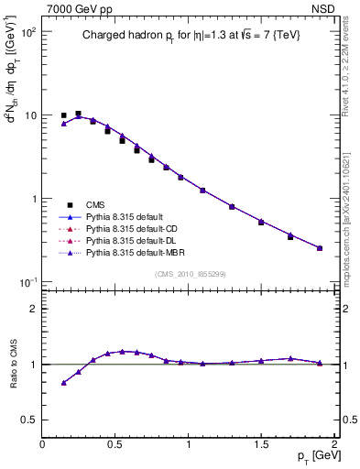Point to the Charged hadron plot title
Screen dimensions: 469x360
(x=190, y=36)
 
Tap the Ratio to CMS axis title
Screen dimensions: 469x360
(x=13, y=365)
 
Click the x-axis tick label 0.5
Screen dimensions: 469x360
(x=115, y=443)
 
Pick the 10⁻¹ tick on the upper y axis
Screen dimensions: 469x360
(x=28, y=282)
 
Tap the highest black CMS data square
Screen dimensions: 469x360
(x=78, y=114)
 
